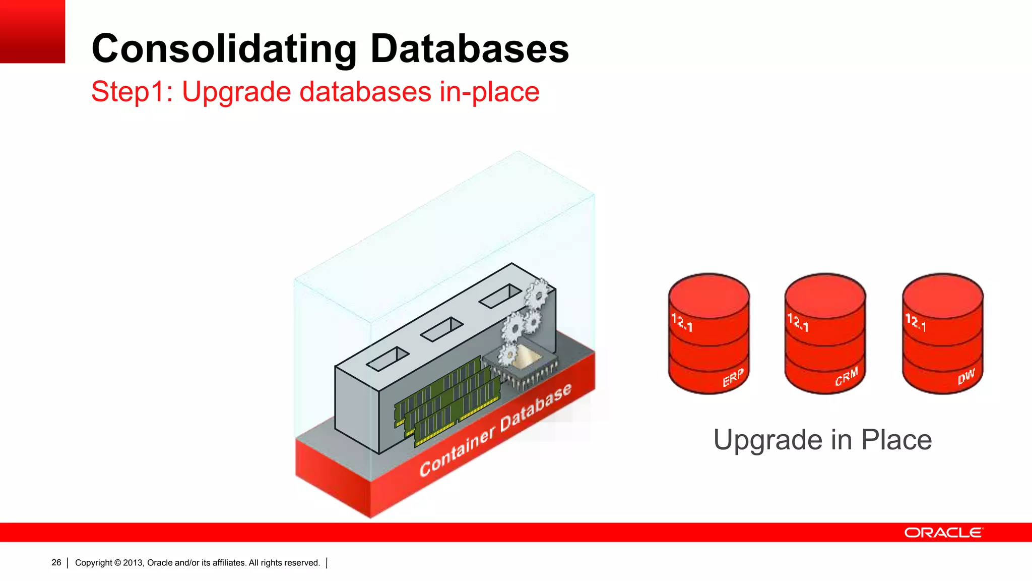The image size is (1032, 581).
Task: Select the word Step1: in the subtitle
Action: click(132, 92)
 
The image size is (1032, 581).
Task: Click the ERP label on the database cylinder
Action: click(733, 378)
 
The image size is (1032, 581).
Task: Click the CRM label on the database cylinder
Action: click(846, 377)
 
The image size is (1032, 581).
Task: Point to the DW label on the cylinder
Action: click(966, 376)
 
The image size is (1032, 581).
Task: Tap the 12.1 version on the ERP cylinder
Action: click(682, 322)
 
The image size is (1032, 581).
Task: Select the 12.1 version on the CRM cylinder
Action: click(798, 322)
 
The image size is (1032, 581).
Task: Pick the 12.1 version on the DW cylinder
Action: click(915, 322)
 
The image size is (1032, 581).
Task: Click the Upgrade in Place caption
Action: click(822, 440)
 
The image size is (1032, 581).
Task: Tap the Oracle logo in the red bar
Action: click(943, 533)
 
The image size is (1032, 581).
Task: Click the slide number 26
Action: click(56, 562)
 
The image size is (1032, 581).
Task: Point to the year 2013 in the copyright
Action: click(133, 563)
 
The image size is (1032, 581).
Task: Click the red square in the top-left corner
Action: click(32, 31)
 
